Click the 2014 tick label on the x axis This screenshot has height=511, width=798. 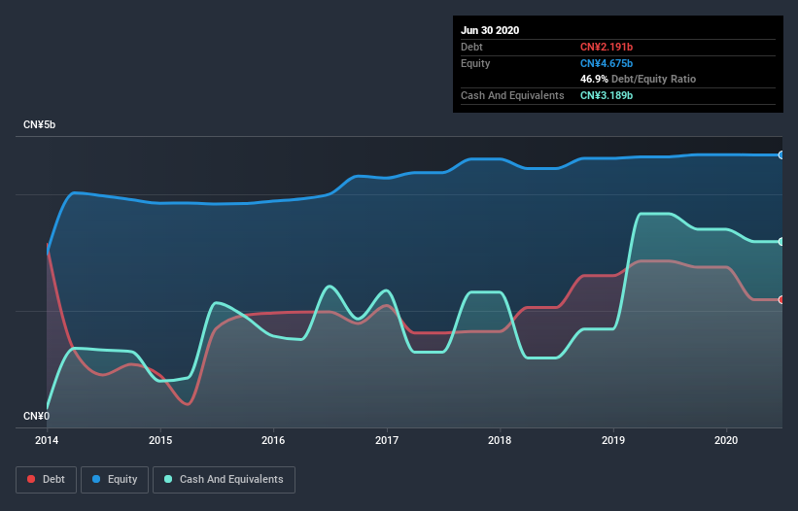[48, 440]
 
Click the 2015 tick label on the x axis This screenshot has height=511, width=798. [160, 440]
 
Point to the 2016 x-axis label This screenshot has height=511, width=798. [274, 440]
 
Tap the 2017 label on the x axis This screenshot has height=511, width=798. [387, 440]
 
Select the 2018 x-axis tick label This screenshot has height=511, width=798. [501, 440]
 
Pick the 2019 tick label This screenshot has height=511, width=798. [613, 440]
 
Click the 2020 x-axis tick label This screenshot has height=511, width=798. [727, 440]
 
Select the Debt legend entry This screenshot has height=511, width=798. [46, 480]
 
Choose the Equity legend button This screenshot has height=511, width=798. [114, 480]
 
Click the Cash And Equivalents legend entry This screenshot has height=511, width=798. [224, 480]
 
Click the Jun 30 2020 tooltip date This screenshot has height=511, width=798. [490, 30]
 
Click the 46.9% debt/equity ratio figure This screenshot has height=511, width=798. [596, 79]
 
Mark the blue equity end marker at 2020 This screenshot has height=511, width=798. [781, 154]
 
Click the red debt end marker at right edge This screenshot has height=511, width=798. [781, 299]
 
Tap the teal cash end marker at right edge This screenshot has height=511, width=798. [781, 241]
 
